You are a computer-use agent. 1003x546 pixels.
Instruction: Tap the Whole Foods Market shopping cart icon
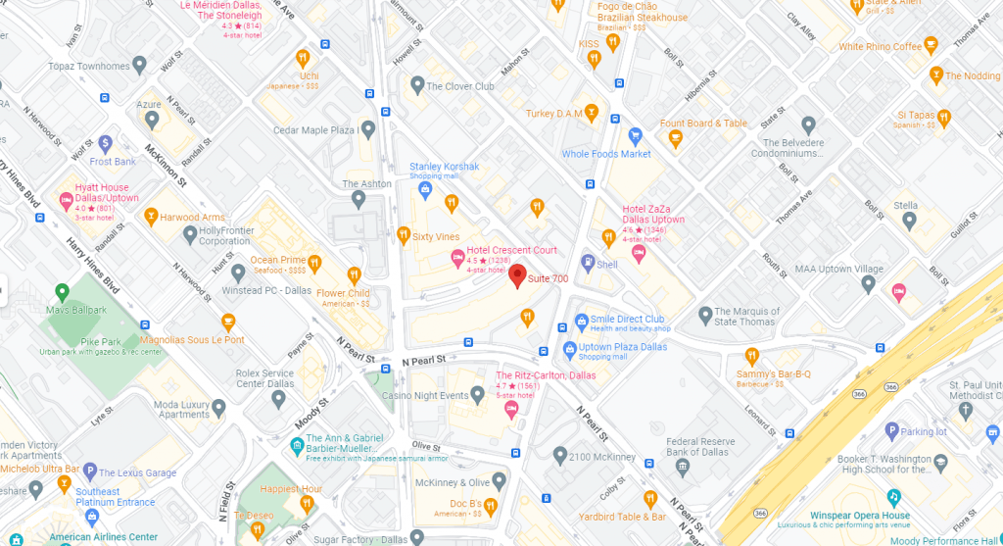[635, 135]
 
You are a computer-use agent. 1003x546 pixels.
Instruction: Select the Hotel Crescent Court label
[511, 250]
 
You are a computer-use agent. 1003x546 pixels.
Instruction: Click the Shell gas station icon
[587, 262]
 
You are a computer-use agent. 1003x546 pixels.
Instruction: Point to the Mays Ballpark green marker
[61, 292]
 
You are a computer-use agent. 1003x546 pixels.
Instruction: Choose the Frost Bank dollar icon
[105, 144]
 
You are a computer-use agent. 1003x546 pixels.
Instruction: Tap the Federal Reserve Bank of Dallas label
[709, 446]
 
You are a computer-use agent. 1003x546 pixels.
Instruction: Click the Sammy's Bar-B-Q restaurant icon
[752, 356]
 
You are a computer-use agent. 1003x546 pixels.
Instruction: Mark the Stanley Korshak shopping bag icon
[425, 188]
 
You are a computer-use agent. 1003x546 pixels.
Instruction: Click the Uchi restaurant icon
[303, 58]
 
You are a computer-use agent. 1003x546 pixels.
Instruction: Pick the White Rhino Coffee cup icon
[931, 44]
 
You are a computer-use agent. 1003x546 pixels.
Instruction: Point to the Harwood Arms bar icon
[151, 216]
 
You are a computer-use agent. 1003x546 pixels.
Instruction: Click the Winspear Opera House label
[860, 516]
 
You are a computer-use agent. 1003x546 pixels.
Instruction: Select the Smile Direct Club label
[627, 319]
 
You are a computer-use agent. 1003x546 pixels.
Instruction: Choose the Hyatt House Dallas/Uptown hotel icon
[68, 200]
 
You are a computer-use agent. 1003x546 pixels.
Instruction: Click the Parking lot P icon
[891, 430]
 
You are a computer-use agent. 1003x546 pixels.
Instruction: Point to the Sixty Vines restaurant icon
[403, 235]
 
